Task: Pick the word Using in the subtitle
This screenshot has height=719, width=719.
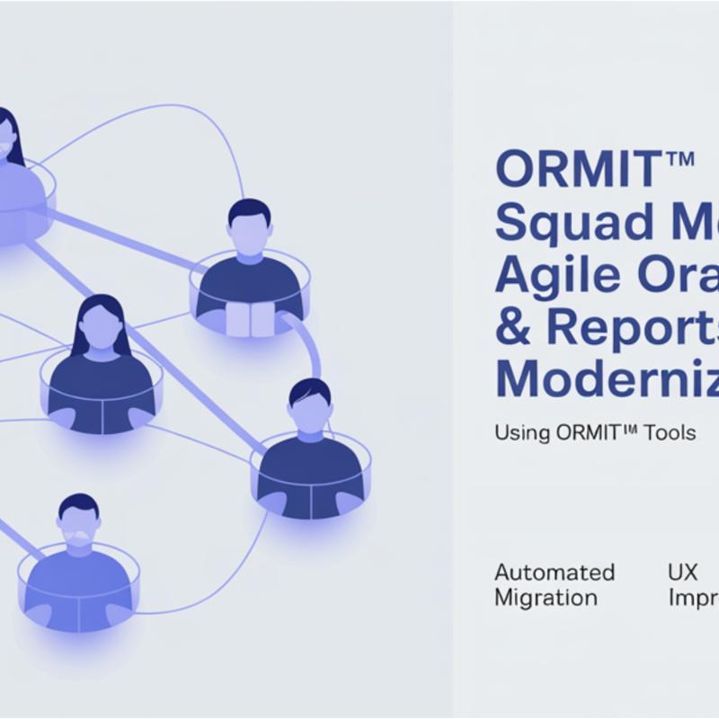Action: [x=521, y=433]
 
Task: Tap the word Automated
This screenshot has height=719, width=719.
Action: [x=555, y=573]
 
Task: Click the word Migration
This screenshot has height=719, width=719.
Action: [x=546, y=598]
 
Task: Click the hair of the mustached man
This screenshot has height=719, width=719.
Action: [x=78, y=505]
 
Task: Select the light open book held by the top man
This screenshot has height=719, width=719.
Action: [x=249, y=319]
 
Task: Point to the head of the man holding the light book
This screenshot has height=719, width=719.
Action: [x=249, y=225]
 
